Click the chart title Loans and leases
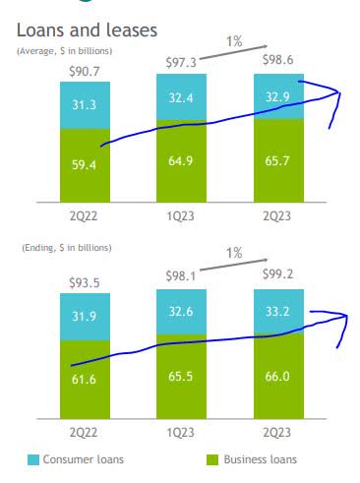tap(88, 30)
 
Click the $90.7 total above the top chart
tap(86, 71)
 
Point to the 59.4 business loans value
tap(86, 165)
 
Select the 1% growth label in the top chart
tap(234, 41)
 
